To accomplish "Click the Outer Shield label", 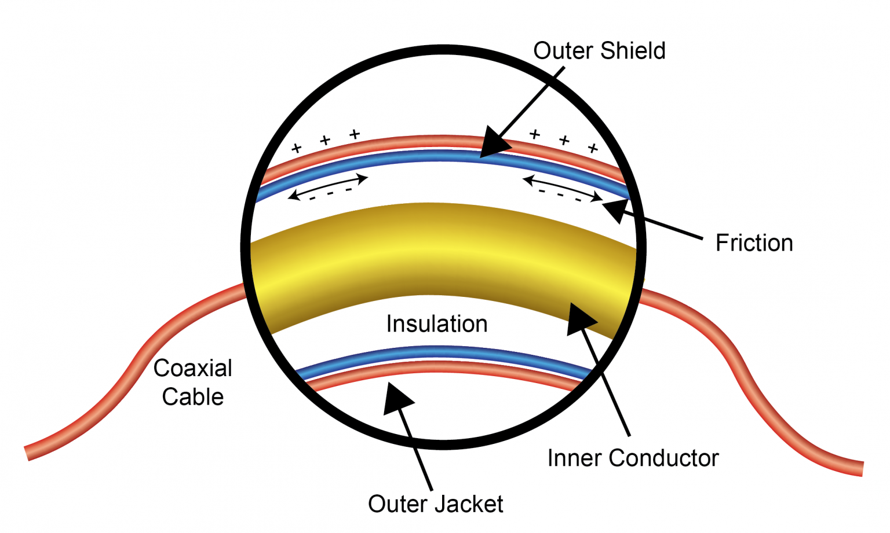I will pos(599,51).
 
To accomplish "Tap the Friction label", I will pos(754,243).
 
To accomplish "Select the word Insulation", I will pos(437,324).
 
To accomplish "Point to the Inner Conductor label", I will pos(633,458).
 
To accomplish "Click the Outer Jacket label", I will pos(436,504).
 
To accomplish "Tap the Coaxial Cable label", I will pos(193,383).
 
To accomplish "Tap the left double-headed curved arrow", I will pos(328,186).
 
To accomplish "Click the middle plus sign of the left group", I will pos(325,140).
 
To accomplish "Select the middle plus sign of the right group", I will pos(564,140).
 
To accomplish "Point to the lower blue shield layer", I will pos(440,352).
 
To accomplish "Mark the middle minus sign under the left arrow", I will pos(330,194).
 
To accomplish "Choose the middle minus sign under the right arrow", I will pos(560,195).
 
